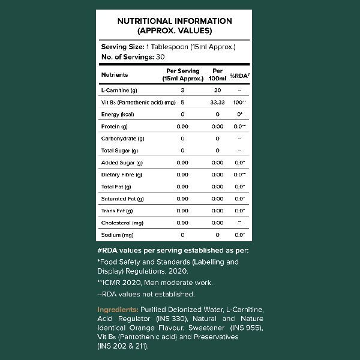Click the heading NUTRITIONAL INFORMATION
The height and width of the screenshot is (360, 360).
174,21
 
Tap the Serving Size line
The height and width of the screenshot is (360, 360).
168,47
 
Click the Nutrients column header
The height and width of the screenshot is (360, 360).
115,75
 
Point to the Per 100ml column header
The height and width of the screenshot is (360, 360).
218,75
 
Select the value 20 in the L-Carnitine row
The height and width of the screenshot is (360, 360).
218,90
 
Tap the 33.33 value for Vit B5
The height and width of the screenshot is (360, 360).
218,102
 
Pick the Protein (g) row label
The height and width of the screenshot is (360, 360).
115,127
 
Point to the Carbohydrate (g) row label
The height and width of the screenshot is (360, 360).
122,139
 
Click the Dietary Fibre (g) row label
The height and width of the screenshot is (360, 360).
122,175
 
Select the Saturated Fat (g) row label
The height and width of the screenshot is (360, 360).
122,199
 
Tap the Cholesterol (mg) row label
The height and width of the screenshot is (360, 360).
122,223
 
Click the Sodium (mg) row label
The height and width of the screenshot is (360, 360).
117,235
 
